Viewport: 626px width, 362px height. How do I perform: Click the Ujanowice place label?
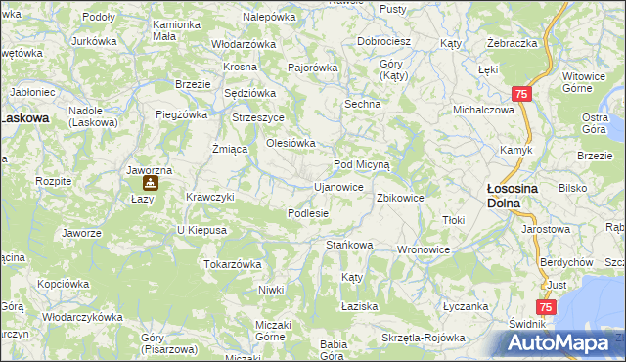[337, 186]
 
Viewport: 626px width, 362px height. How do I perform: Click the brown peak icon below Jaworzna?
[149, 183]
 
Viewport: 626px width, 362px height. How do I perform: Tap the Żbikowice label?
[400, 197]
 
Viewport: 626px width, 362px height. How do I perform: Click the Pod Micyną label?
[362, 165]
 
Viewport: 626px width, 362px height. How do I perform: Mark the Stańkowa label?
[349, 244]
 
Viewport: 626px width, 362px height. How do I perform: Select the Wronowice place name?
[423, 249]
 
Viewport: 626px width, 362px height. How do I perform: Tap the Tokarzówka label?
[232, 264]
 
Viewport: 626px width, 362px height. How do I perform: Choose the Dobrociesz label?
[382, 42]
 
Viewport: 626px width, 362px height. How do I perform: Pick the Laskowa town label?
[23, 117]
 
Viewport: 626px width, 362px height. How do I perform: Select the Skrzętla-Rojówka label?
[424, 338]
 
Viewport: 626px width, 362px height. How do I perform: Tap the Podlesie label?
[307, 213]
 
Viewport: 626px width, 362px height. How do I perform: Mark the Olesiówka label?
[291, 143]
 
